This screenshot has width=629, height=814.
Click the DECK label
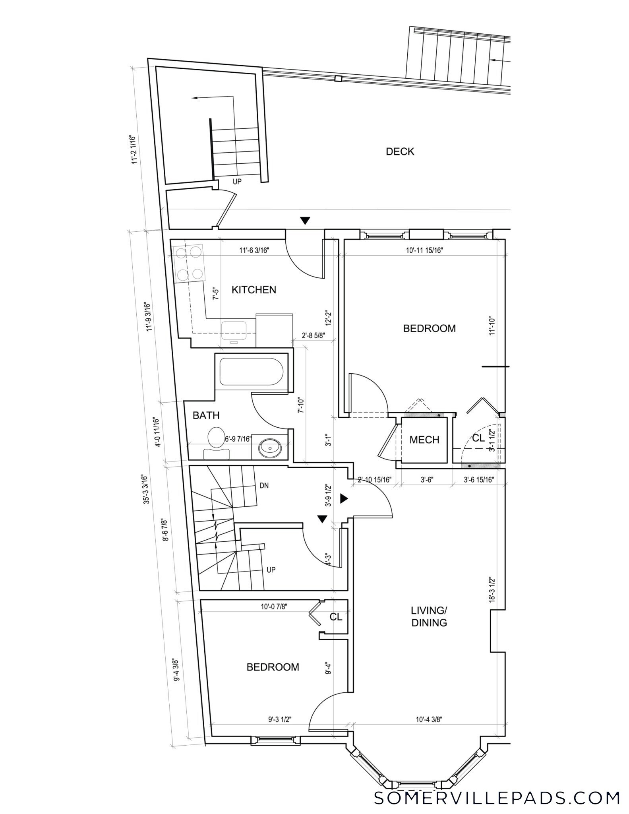(x=400, y=151)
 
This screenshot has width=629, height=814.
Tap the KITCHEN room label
(x=254, y=290)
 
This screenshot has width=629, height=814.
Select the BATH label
(x=206, y=415)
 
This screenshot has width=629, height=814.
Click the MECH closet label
(x=424, y=440)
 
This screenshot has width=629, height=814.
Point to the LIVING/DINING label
(x=429, y=616)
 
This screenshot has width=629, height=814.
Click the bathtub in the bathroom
(x=252, y=372)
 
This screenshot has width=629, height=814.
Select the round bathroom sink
(x=270, y=448)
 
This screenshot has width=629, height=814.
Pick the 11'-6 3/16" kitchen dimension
(x=254, y=250)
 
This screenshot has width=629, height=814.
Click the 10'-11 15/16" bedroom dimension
(x=424, y=250)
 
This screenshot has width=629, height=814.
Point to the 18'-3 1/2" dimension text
(x=493, y=590)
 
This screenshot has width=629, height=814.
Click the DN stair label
(x=264, y=485)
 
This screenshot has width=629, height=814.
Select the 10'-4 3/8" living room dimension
(x=429, y=719)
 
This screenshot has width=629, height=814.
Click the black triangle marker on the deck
(x=305, y=221)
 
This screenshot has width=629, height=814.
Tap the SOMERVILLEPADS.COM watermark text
(x=497, y=797)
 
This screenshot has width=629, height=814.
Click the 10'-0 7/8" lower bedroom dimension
(x=274, y=607)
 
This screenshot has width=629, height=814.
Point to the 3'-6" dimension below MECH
(x=426, y=479)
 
